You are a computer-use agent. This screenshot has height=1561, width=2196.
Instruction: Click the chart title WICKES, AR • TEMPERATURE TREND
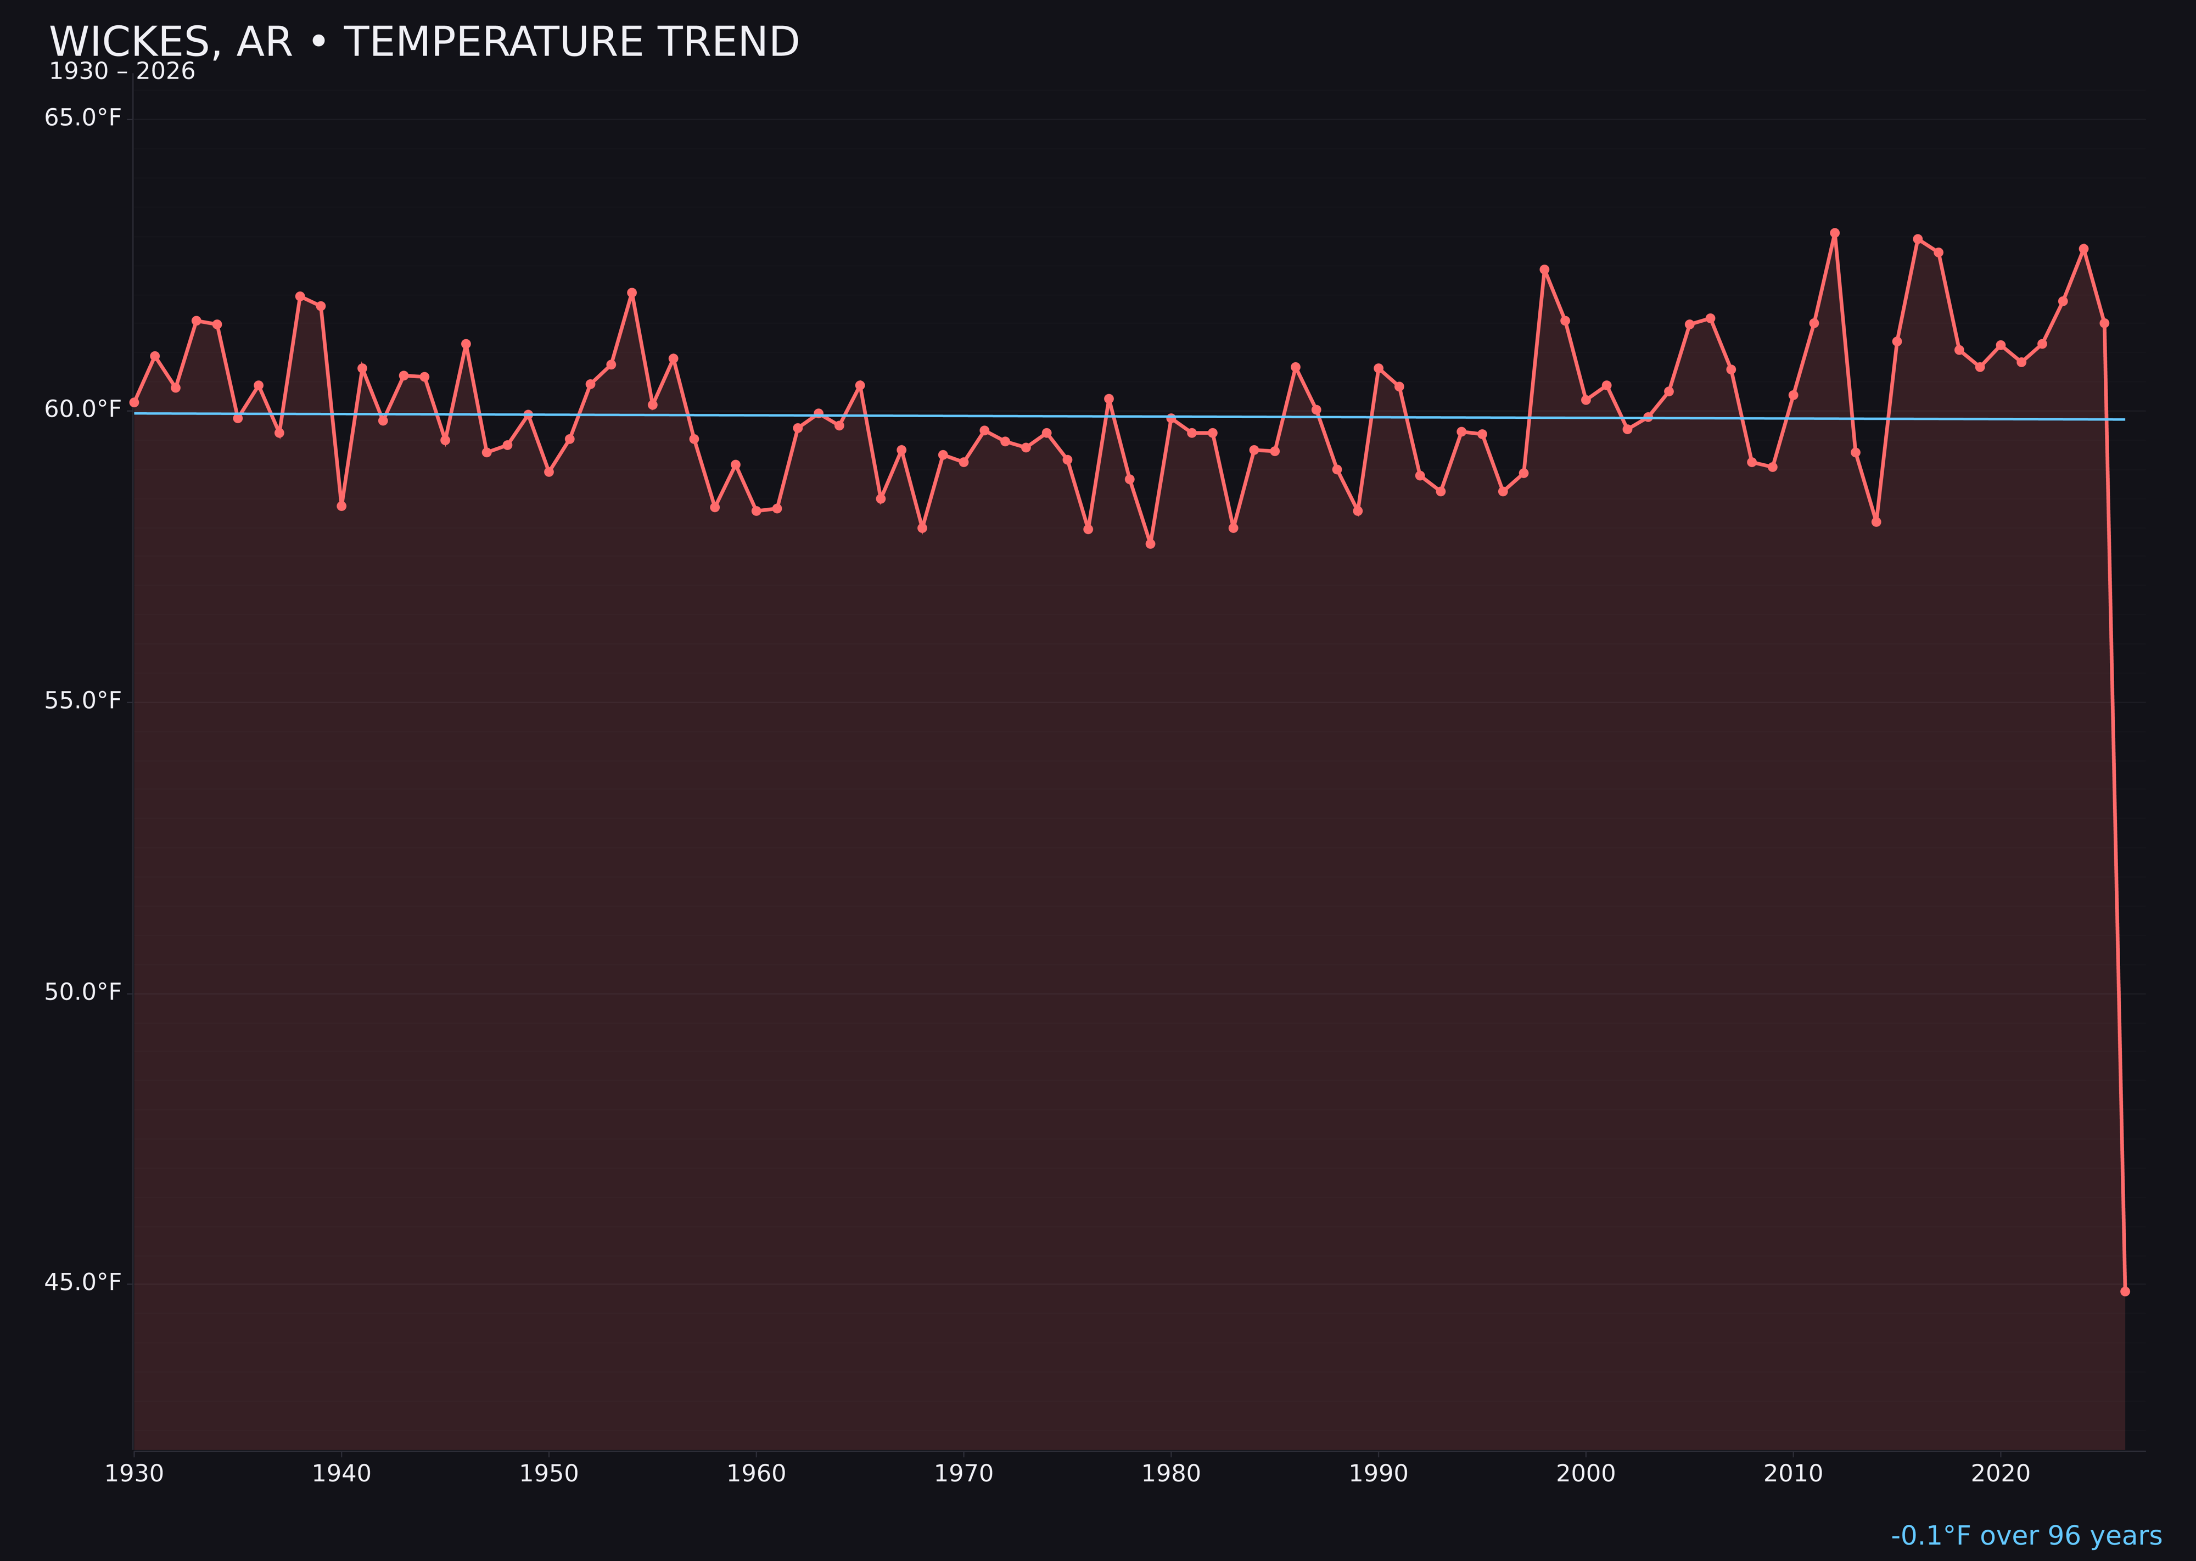coord(424,42)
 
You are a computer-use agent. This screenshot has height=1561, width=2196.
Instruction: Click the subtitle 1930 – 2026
coord(122,72)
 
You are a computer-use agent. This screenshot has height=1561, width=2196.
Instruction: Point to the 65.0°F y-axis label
coord(83,118)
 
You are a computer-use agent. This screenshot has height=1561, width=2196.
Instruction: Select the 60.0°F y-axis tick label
coord(83,409)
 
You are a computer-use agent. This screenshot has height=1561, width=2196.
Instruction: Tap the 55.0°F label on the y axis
coord(83,701)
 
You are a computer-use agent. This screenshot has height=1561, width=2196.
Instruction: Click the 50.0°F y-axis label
coord(83,992)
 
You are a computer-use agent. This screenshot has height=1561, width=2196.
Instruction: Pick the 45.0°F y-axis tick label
coord(83,1282)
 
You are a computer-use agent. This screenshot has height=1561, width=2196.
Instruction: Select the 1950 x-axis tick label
coord(549,1474)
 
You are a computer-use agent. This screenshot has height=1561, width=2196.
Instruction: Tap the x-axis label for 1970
coord(963,1474)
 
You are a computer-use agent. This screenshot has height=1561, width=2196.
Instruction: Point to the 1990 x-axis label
coord(1378,1474)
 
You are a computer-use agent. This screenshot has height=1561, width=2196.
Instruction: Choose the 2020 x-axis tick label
coord(2000,1474)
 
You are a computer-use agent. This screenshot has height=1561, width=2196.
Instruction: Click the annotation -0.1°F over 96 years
coord(2026,1536)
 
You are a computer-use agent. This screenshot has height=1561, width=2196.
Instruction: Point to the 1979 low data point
coord(1150,544)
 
